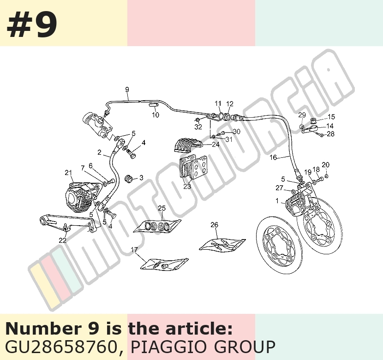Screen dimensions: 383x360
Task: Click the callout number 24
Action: point(215,144)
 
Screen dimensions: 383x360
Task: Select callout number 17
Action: point(134,250)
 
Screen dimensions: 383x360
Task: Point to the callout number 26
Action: point(214,225)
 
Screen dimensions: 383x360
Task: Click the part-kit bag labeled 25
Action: point(157,226)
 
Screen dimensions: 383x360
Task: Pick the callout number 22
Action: point(63,240)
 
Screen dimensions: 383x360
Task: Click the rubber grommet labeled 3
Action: point(128,179)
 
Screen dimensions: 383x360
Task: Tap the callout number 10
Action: point(156,114)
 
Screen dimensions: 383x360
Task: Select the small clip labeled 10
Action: point(154,105)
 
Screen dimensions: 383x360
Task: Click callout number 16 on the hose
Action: point(273,157)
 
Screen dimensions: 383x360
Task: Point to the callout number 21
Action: point(68,173)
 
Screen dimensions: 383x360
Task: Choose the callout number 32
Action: point(198,127)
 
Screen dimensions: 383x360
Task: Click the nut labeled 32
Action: point(197,120)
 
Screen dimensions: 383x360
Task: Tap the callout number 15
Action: point(331,117)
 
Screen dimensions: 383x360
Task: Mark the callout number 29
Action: point(302,115)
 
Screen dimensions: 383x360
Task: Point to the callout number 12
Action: point(230,104)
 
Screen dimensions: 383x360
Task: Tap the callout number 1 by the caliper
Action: point(277,201)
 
